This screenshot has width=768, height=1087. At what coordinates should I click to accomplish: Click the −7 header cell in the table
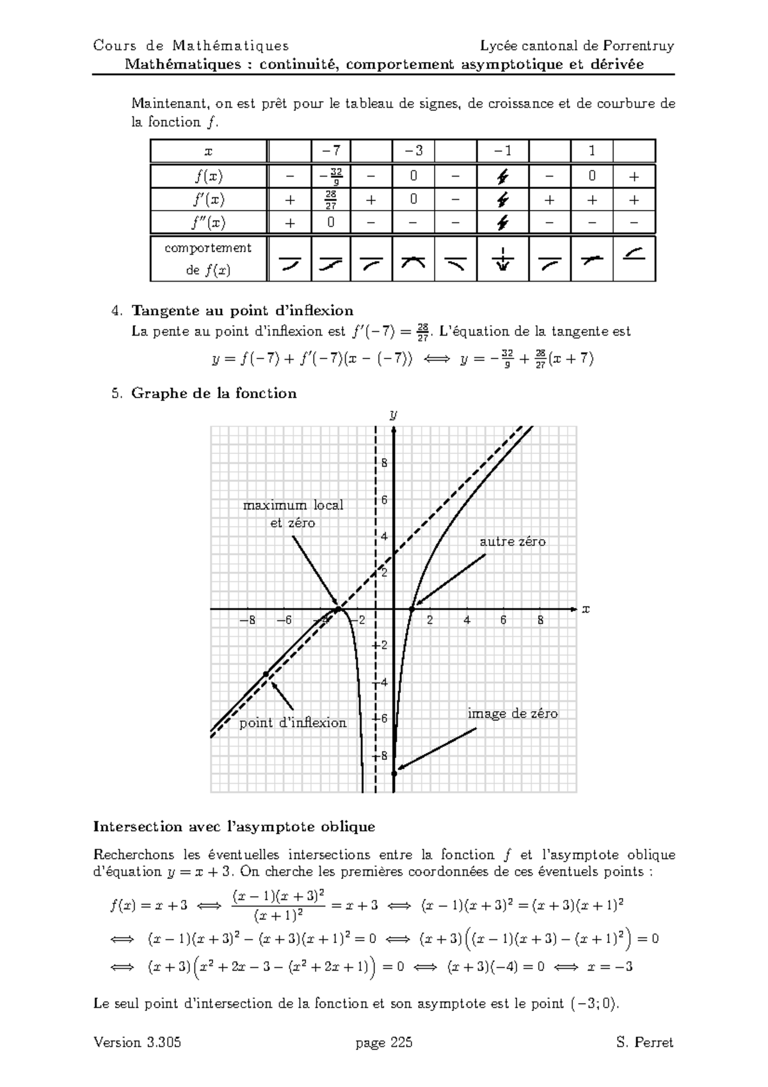click(331, 151)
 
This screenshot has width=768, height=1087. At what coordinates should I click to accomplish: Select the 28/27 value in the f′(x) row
click(331, 200)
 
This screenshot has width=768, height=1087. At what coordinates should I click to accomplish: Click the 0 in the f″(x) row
click(331, 223)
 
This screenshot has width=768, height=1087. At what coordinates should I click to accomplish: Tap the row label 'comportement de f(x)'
click(207, 259)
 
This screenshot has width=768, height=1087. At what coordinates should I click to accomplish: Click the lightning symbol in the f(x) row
click(503, 176)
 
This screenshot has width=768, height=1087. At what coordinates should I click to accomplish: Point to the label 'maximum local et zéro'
click(293, 513)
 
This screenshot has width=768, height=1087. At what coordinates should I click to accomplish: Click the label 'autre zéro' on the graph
click(512, 542)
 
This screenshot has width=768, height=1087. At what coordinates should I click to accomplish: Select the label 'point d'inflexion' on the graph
click(292, 723)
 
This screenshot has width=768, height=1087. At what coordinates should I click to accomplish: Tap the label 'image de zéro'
click(512, 713)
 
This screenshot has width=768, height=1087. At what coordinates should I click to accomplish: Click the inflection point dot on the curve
click(266, 674)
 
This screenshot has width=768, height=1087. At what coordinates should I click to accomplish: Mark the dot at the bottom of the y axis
click(394, 774)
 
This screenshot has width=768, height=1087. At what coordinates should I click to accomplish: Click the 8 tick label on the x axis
click(541, 620)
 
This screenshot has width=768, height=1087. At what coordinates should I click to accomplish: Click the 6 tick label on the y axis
click(384, 500)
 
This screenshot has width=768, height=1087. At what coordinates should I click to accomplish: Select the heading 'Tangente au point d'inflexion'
click(242, 311)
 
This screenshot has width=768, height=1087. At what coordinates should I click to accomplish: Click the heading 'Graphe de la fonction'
click(214, 393)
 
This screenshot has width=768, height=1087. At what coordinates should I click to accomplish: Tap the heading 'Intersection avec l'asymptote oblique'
click(234, 826)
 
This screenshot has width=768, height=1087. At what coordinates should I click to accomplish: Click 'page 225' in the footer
click(384, 1042)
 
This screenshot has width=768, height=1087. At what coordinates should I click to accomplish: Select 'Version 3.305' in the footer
click(137, 1042)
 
